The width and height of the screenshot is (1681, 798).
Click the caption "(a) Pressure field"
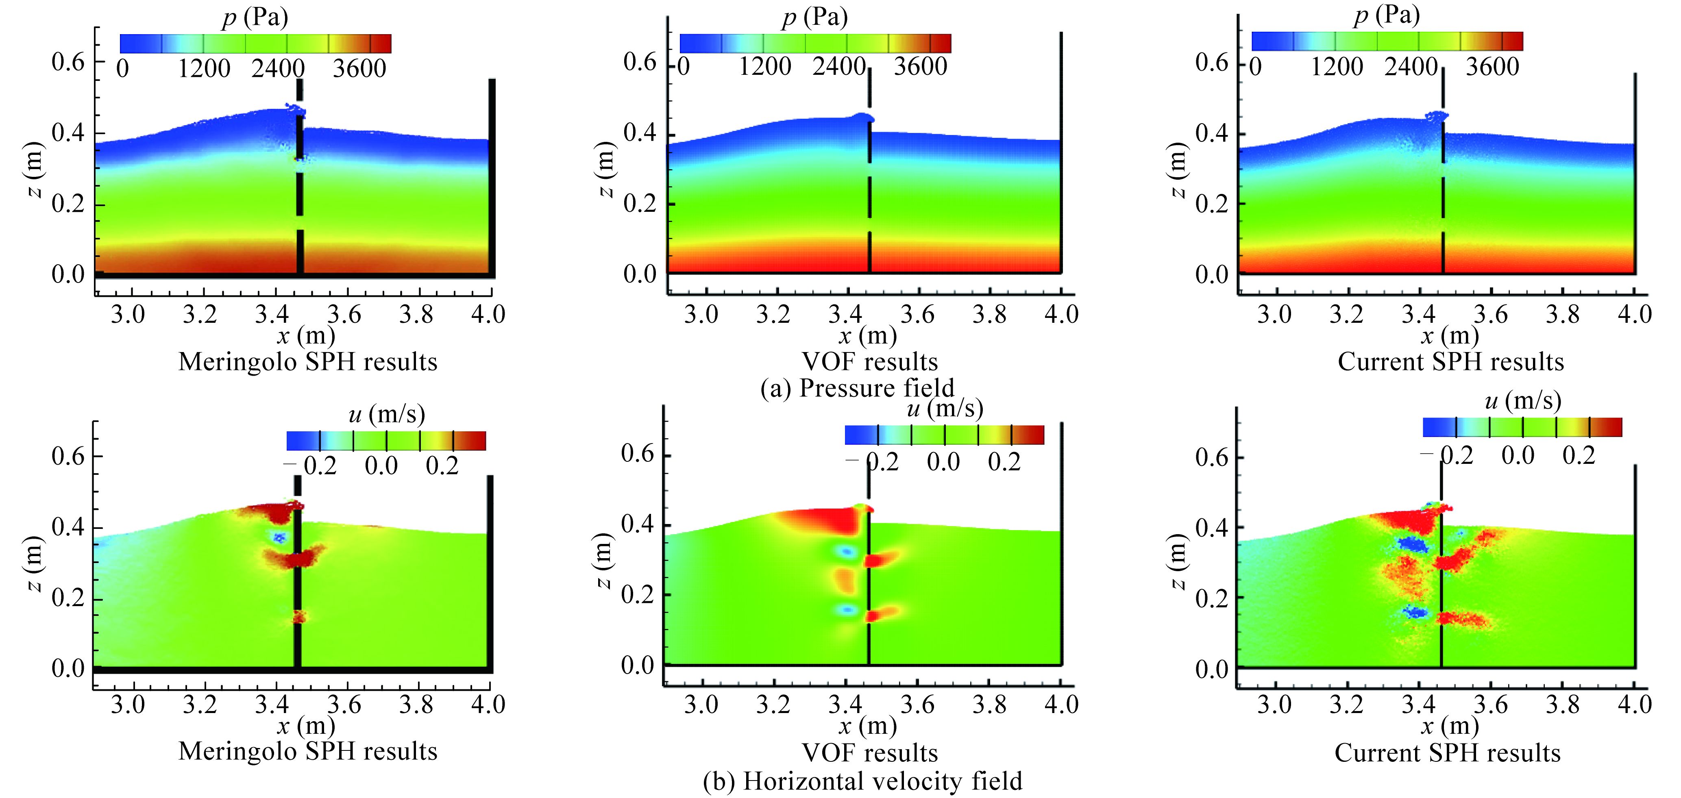pyautogui.click(x=857, y=388)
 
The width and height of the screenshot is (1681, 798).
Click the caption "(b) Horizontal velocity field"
pyautogui.click(x=862, y=781)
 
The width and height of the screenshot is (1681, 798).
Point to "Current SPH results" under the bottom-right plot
pyautogui.click(x=1447, y=752)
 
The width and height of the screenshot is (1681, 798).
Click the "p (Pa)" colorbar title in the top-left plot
pyautogui.click(x=255, y=17)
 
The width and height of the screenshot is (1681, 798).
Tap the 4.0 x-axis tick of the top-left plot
pyautogui.click(x=488, y=315)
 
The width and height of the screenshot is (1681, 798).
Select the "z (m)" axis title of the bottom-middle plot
pyautogui.click(x=605, y=561)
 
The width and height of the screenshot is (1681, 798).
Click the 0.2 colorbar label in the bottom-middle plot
pyautogui.click(x=1004, y=462)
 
